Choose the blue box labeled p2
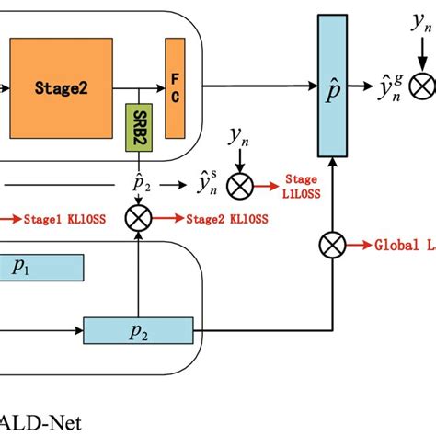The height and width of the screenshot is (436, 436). pos(138,330)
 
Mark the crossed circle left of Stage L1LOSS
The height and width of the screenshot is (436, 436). pos(241,187)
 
